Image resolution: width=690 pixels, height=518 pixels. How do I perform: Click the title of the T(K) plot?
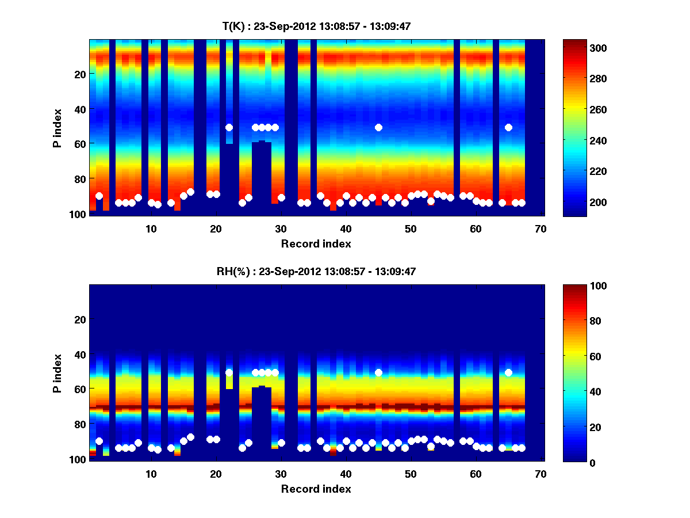316,26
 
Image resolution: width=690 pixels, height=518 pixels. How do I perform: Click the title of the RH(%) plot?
316,272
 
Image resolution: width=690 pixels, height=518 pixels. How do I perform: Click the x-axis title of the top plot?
316,243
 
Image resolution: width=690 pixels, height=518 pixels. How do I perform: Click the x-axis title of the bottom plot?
316,489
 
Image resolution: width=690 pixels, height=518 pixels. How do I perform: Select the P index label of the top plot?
57,128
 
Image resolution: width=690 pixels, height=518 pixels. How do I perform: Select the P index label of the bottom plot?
57,373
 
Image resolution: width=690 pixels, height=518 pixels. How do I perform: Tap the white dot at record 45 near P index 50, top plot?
378,127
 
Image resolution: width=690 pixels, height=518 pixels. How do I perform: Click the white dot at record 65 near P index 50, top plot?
508,127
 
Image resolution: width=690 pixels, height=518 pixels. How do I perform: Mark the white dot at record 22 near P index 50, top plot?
229,127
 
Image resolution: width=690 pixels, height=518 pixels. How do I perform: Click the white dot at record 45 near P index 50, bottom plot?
378,372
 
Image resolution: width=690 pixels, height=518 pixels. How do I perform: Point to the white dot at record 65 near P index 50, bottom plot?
508,372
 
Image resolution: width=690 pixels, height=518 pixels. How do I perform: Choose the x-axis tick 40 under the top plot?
346,228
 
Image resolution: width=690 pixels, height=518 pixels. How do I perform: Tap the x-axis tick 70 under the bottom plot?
540,474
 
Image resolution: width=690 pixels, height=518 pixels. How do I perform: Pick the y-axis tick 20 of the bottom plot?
80,319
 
